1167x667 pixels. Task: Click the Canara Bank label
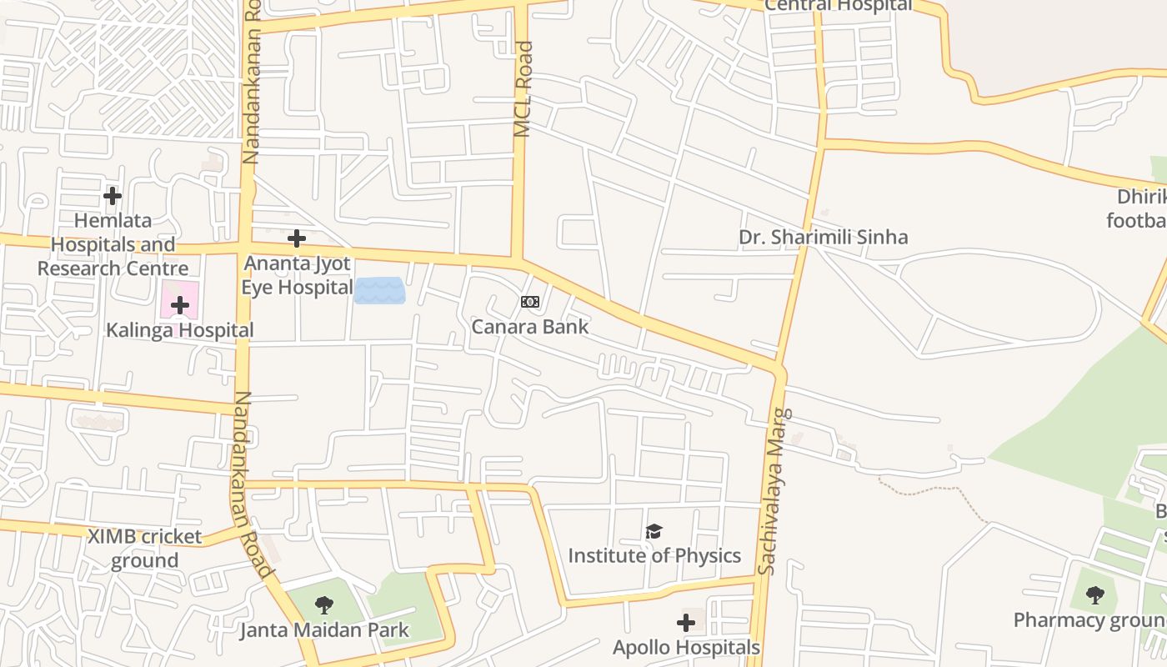(x=530, y=327)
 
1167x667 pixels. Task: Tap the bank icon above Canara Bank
(x=530, y=302)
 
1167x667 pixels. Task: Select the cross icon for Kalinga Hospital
(x=180, y=305)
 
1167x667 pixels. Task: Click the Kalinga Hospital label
(x=180, y=330)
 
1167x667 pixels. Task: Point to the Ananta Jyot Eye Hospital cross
(x=296, y=239)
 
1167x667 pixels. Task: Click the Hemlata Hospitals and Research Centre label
(x=113, y=245)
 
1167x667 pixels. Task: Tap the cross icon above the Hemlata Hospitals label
(x=113, y=196)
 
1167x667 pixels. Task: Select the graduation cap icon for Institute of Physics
(x=654, y=532)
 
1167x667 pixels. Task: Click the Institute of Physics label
(x=654, y=555)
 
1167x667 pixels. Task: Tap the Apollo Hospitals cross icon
(x=686, y=623)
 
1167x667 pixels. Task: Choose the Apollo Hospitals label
(x=686, y=648)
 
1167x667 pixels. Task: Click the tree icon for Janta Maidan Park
(x=324, y=605)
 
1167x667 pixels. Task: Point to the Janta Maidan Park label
(x=324, y=629)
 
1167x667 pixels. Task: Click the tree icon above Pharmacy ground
(x=1095, y=595)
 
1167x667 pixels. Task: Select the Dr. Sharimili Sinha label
(x=823, y=238)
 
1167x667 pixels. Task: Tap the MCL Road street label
(x=523, y=89)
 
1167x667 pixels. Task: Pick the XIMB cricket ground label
(x=145, y=548)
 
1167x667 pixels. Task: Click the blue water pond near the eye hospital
(x=379, y=291)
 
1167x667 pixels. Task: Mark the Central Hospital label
(x=839, y=5)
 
